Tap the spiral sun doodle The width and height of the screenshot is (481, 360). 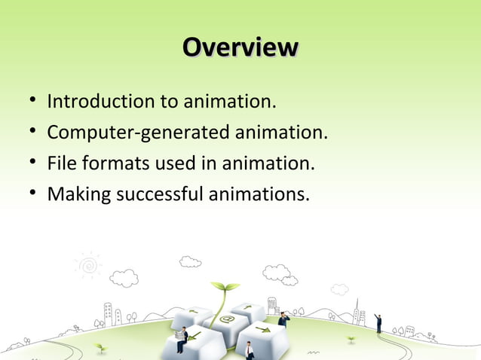89,265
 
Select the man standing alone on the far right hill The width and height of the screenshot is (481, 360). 378,323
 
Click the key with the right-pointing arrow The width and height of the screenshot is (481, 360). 263,331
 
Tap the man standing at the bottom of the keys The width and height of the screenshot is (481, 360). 249,350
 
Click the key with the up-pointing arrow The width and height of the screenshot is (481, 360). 248,308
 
